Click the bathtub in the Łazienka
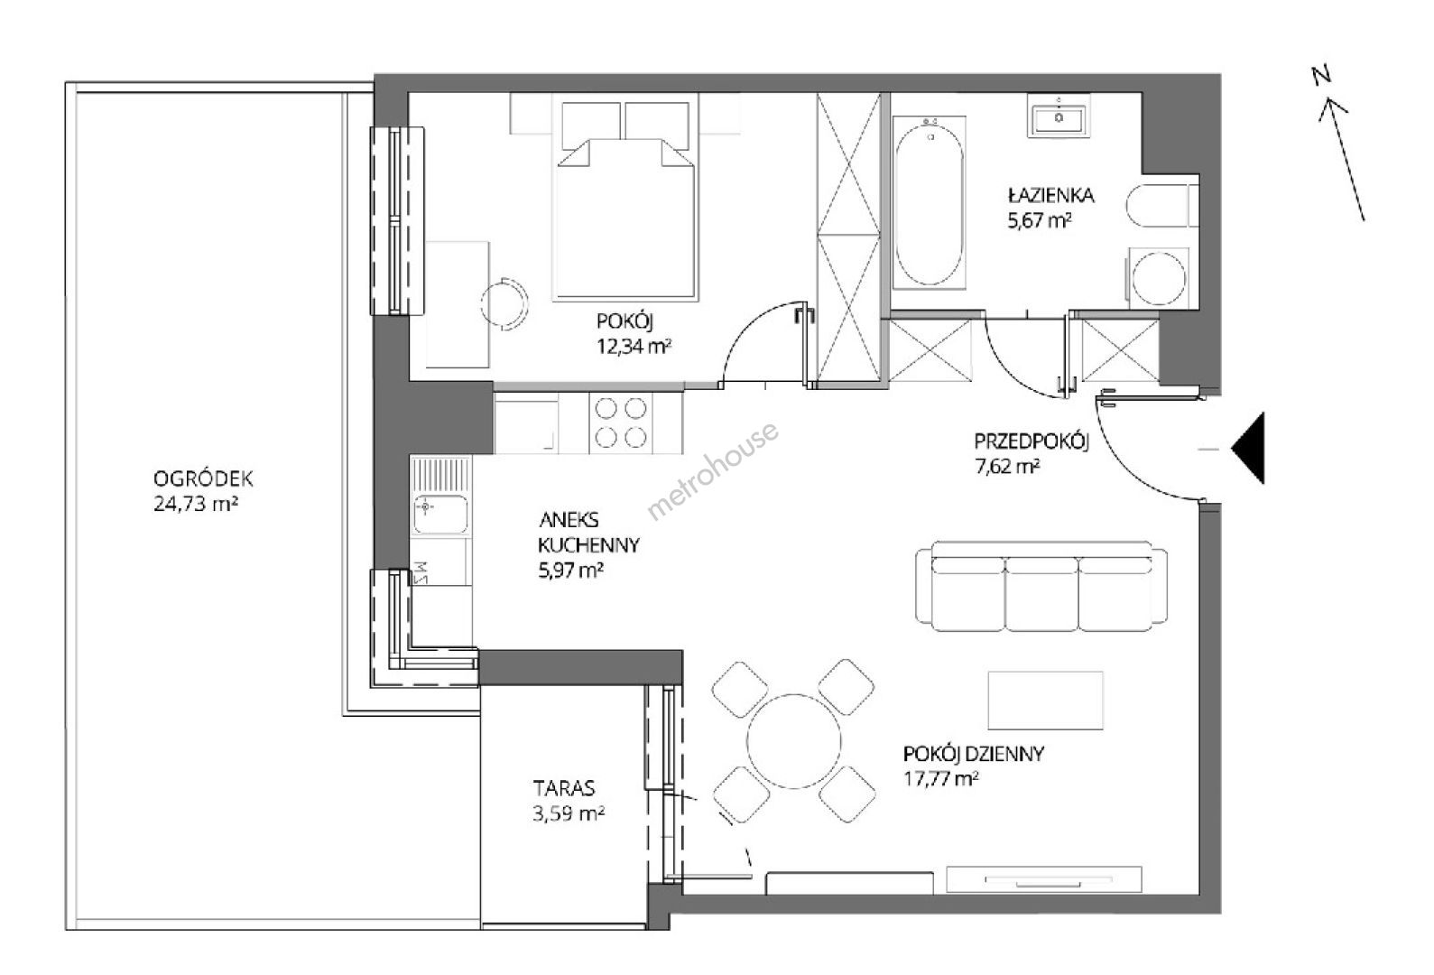click(929, 202)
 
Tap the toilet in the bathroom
click(1161, 206)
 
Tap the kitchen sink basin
click(439, 514)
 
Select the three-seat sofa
click(1041, 586)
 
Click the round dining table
click(794, 741)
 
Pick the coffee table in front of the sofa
click(1045, 701)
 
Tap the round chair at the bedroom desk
click(504, 303)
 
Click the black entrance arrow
click(1248, 449)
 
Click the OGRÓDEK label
click(204, 478)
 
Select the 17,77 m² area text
click(940, 780)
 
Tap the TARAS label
click(564, 787)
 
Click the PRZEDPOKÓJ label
click(1032, 441)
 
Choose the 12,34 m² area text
click(634, 347)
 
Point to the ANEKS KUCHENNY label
click(588, 533)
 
